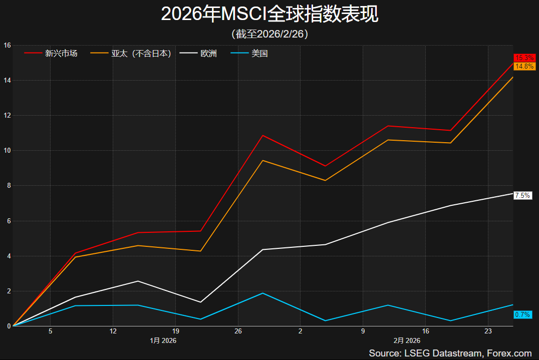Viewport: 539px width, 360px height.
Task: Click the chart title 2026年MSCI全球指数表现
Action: click(269, 15)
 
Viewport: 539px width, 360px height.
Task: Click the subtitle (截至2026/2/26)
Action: click(269, 34)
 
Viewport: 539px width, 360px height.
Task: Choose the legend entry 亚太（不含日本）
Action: click(141, 53)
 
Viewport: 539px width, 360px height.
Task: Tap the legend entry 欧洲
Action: click(208, 53)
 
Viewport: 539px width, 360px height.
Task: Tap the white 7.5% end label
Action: click(522, 196)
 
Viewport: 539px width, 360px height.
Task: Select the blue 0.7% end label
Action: click(522, 315)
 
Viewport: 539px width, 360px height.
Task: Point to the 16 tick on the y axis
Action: click(7, 45)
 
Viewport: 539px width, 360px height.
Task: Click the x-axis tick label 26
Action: click(238, 331)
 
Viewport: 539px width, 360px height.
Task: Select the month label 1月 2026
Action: click(163, 340)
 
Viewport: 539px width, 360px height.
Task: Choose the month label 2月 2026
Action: click(407, 340)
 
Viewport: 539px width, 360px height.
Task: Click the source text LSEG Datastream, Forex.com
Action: click(450, 353)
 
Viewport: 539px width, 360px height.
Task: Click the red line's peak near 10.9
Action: click(263, 135)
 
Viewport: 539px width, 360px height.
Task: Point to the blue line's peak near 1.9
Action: click(263, 293)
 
